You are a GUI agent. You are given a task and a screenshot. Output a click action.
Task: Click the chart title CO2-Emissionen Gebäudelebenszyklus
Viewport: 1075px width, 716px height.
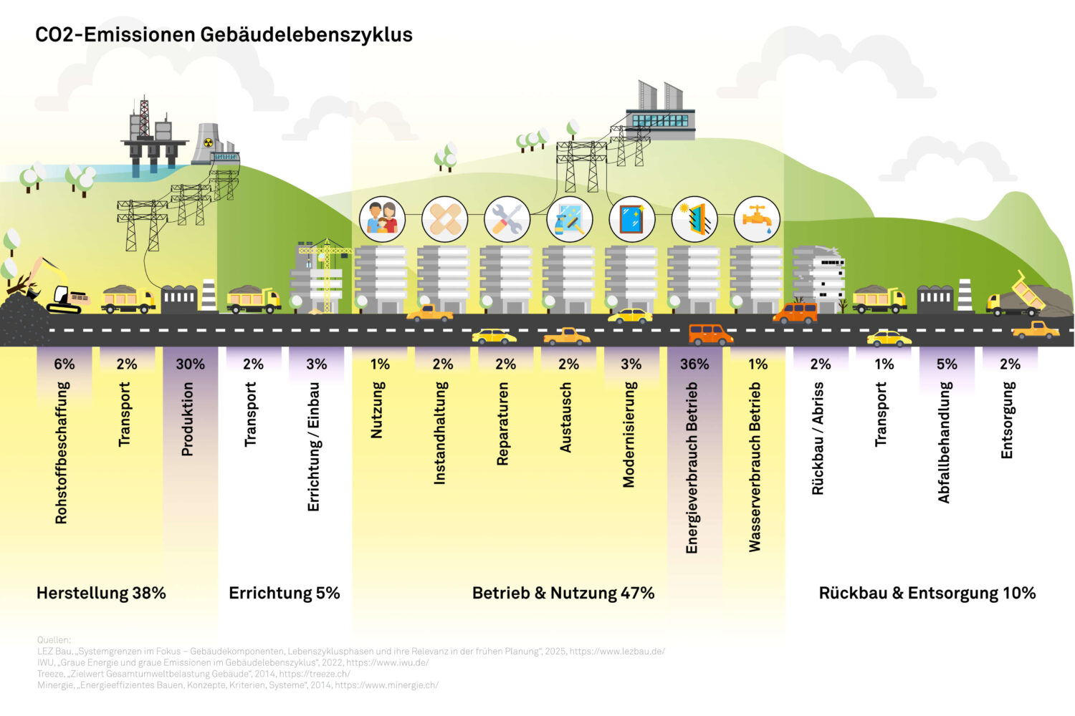[224, 34]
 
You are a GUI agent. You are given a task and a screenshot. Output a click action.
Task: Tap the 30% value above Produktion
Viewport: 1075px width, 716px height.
[190, 364]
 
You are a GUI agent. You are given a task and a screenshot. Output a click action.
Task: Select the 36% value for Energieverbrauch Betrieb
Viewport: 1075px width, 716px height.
[694, 364]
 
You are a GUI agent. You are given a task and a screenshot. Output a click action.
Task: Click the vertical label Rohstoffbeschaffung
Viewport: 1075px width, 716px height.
[62, 452]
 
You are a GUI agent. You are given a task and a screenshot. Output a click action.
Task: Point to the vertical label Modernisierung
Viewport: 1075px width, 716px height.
[629, 434]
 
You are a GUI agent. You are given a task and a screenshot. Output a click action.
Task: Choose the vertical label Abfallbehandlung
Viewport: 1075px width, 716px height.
[945, 442]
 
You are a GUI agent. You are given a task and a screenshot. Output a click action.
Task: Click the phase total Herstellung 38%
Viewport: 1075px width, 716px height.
[101, 593]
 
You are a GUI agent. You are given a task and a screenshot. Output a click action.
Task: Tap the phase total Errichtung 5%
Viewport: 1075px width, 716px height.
[284, 593]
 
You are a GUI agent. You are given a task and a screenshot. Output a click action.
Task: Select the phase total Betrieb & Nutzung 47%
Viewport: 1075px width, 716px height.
[563, 593]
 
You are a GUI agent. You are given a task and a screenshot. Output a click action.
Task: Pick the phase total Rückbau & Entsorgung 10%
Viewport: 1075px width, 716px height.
[927, 593]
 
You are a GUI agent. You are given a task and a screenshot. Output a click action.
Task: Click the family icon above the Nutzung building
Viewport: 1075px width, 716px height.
[382, 218]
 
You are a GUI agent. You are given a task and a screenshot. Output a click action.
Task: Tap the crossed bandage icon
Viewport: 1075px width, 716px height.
[444, 218]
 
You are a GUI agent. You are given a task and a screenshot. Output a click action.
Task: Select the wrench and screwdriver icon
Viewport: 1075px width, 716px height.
[507, 218]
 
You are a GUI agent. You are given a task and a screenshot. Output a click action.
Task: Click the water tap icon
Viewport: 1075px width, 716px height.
[757, 218]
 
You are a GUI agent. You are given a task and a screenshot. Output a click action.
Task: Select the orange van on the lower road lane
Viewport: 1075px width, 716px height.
[710, 334]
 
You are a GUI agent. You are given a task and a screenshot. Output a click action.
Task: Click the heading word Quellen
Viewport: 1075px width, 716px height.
[54, 640]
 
